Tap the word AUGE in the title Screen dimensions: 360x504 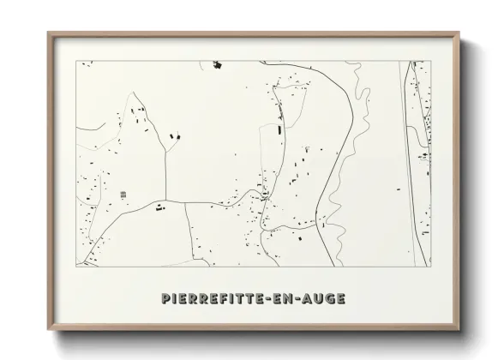pyautogui.click(x=324, y=298)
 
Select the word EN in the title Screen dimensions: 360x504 pyautogui.click(x=287, y=298)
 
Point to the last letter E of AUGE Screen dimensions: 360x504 pyautogui.click(x=341, y=298)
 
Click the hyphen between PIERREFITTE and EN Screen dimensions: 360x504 pyautogui.click(x=273, y=298)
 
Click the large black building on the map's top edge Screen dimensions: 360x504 pyautogui.click(x=217, y=63)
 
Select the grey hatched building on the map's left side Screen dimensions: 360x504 pyautogui.click(x=123, y=195)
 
